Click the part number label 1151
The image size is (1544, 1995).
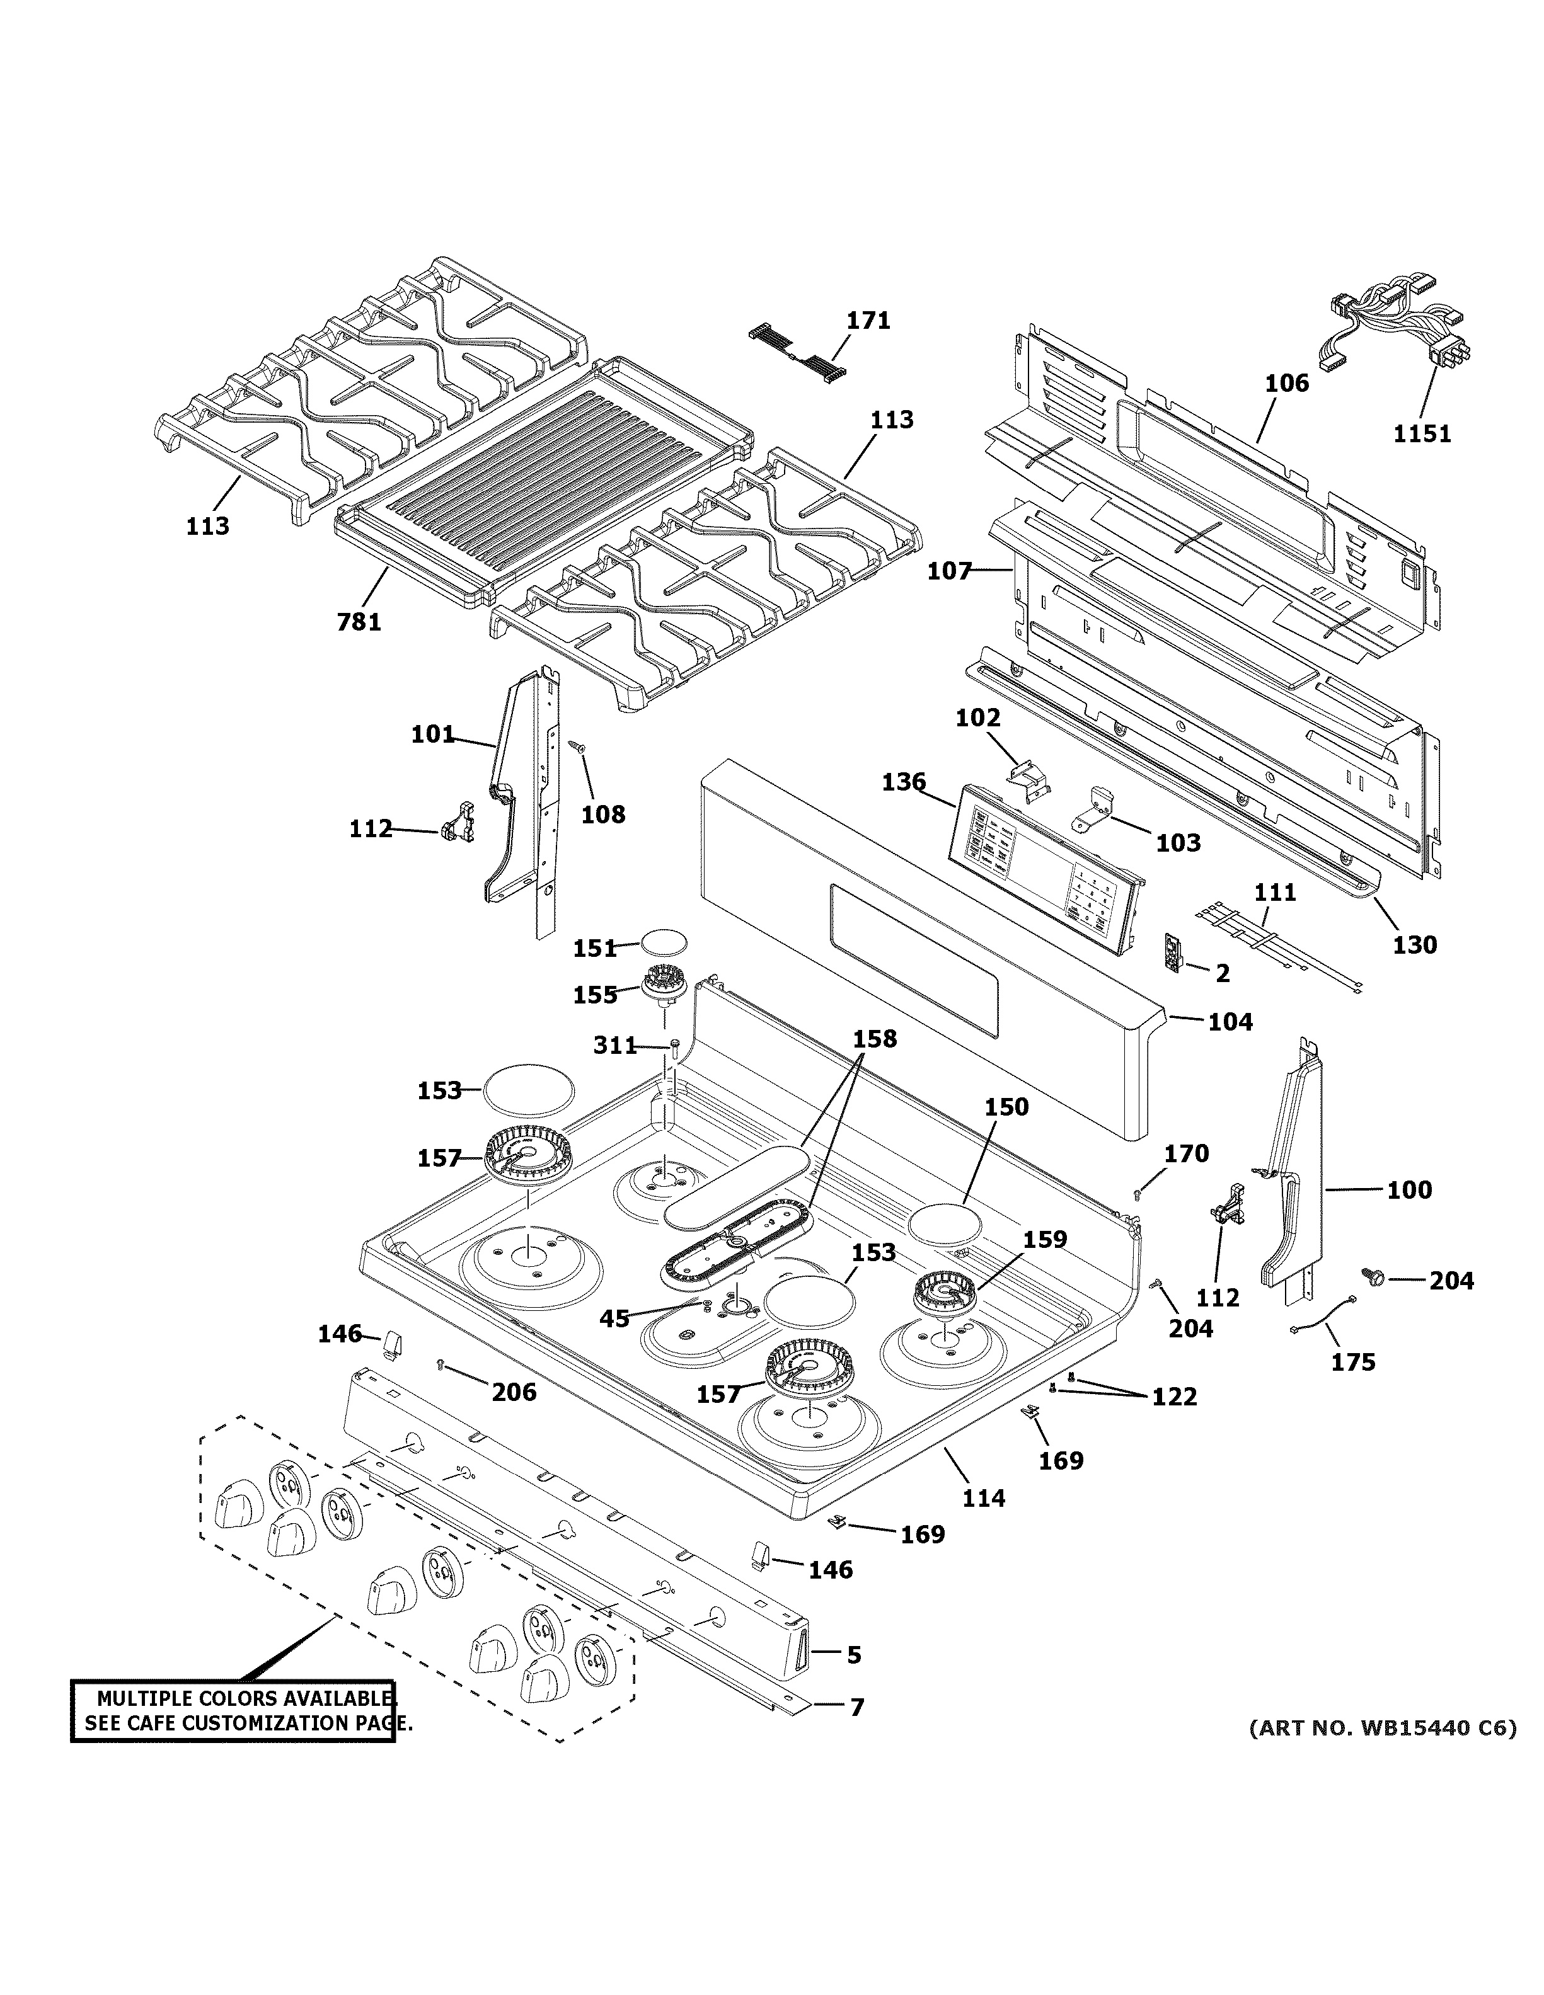pos(1422,434)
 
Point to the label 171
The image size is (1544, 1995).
pos(867,321)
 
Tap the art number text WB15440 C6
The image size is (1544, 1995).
pos(1415,1729)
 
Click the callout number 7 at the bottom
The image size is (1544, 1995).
pos(856,1707)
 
